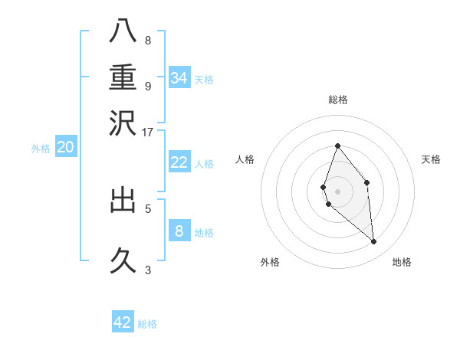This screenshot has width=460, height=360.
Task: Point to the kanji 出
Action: (123, 201)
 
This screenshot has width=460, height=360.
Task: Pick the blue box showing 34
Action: (179, 77)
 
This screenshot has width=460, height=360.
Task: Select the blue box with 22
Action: (179, 162)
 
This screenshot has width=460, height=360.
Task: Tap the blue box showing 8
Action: (179, 231)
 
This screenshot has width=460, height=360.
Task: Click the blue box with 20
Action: (65, 147)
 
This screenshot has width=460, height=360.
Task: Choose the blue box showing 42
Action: (123, 322)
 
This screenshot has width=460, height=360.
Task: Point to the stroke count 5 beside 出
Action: (148, 207)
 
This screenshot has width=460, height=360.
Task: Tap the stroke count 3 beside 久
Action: (148, 269)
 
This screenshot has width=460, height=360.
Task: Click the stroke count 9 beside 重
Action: (148, 86)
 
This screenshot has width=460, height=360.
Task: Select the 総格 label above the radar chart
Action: (337, 100)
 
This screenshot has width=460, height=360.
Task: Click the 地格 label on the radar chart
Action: (402, 262)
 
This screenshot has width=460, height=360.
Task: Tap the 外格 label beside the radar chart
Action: (270, 262)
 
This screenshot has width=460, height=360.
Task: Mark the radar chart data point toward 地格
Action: (374, 242)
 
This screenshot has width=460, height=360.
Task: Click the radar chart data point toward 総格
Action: (337, 146)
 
